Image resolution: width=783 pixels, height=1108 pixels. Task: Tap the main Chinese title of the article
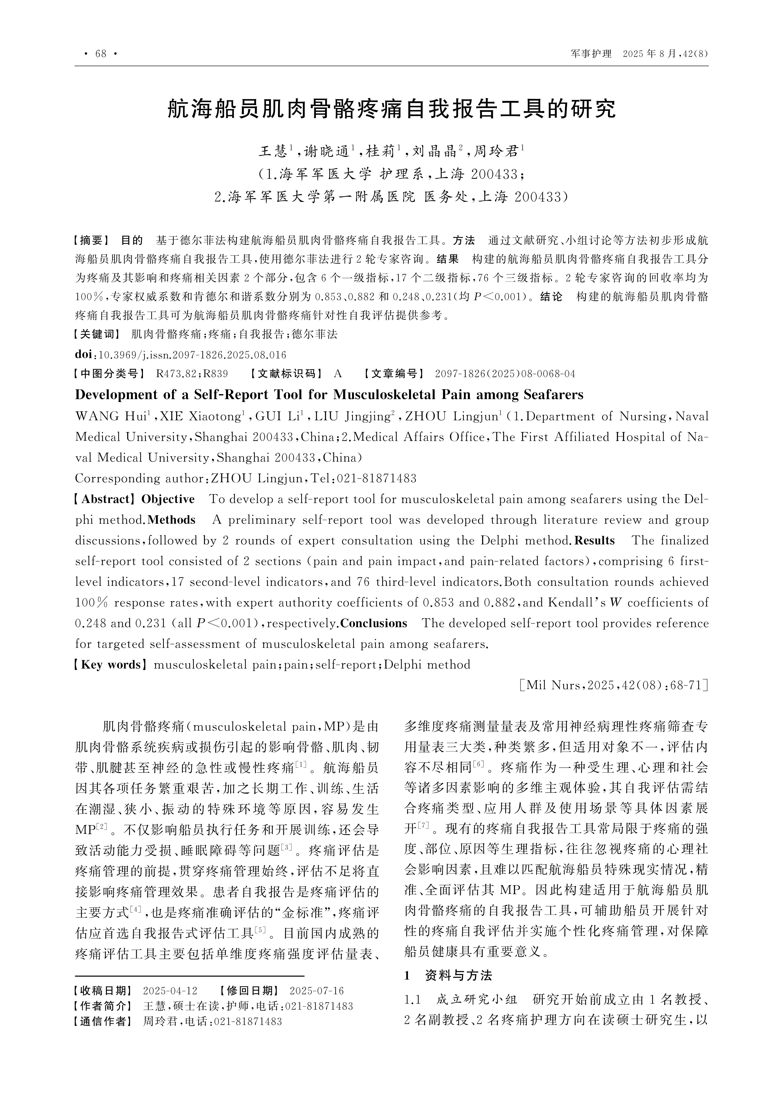point(391,109)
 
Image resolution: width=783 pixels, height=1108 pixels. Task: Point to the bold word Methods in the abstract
point(172,520)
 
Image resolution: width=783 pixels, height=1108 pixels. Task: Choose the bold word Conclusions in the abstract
point(374,624)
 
